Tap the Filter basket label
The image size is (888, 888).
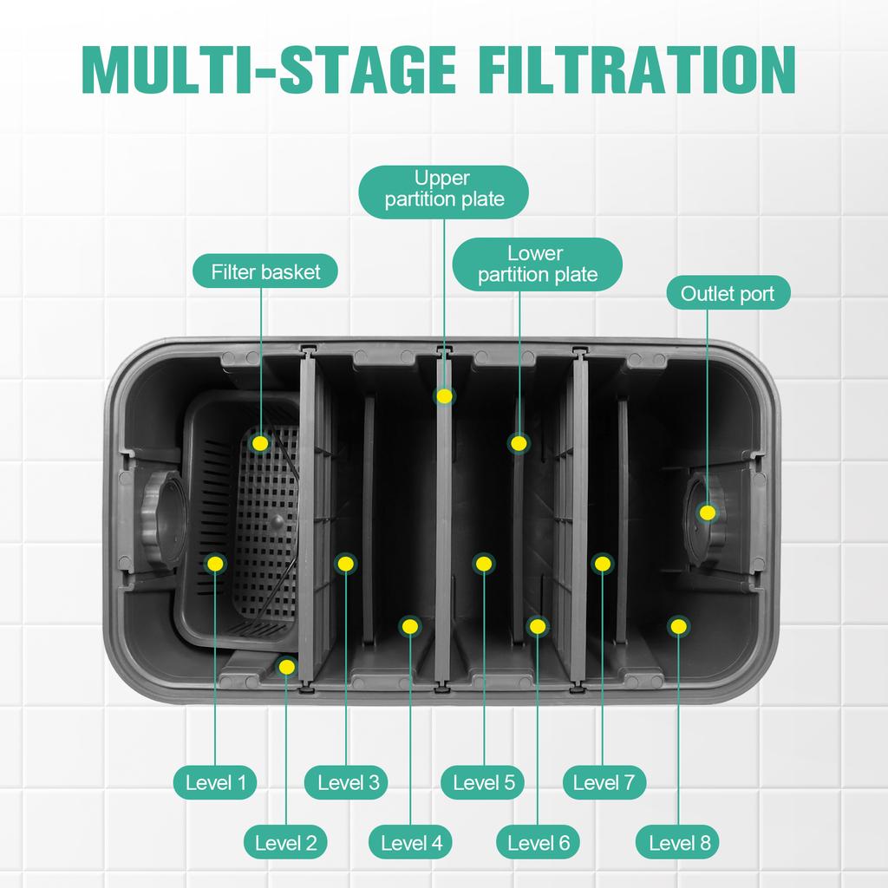265,272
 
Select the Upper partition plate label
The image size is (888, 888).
444,189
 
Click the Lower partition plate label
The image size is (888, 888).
537,264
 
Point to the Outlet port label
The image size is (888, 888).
728,294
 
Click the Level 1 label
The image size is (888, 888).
216,784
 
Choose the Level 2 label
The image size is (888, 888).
285,842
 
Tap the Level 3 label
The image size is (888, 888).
348,784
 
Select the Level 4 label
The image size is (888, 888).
411,842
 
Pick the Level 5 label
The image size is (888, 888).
483,784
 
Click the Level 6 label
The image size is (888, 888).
538,842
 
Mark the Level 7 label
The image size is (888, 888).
604,784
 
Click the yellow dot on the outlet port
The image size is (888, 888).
708,513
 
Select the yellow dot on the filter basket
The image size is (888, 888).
259,443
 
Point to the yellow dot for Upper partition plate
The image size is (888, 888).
444,396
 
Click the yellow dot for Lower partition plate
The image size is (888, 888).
519,443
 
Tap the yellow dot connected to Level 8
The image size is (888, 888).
679,625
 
